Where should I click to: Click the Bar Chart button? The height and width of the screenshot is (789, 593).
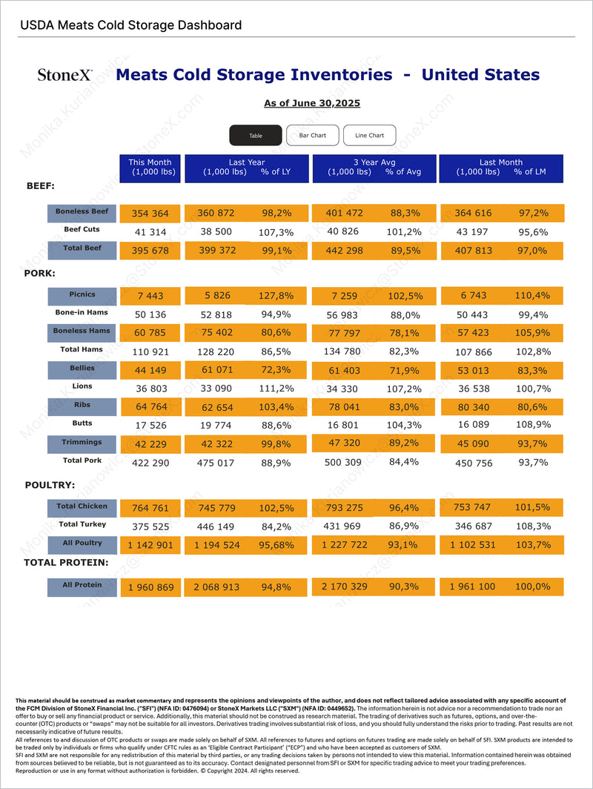tap(312, 136)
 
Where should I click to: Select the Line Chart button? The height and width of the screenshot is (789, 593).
tap(370, 136)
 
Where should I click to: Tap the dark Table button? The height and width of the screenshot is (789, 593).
tap(256, 136)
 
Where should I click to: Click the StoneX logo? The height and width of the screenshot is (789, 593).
tap(65, 75)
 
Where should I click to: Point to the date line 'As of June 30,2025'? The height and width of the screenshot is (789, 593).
tap(312, 103)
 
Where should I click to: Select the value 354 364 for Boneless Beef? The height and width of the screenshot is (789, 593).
tap(150, 214)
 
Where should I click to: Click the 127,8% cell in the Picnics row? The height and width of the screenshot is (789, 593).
tap(276, 295)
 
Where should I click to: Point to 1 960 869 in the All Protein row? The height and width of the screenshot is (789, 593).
tap(151, 587)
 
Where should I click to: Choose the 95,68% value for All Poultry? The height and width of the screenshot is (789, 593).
tap(276, 545)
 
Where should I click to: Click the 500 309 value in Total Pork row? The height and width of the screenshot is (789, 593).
tap(343, 462)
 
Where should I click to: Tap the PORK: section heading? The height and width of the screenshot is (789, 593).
tap(40, 273)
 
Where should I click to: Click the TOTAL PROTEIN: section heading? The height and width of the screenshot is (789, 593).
tap(66, 563)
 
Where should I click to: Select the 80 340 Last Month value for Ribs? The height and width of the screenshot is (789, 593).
tap(474, 407)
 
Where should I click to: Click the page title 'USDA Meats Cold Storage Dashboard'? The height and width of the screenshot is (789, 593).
tap(130, 25)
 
